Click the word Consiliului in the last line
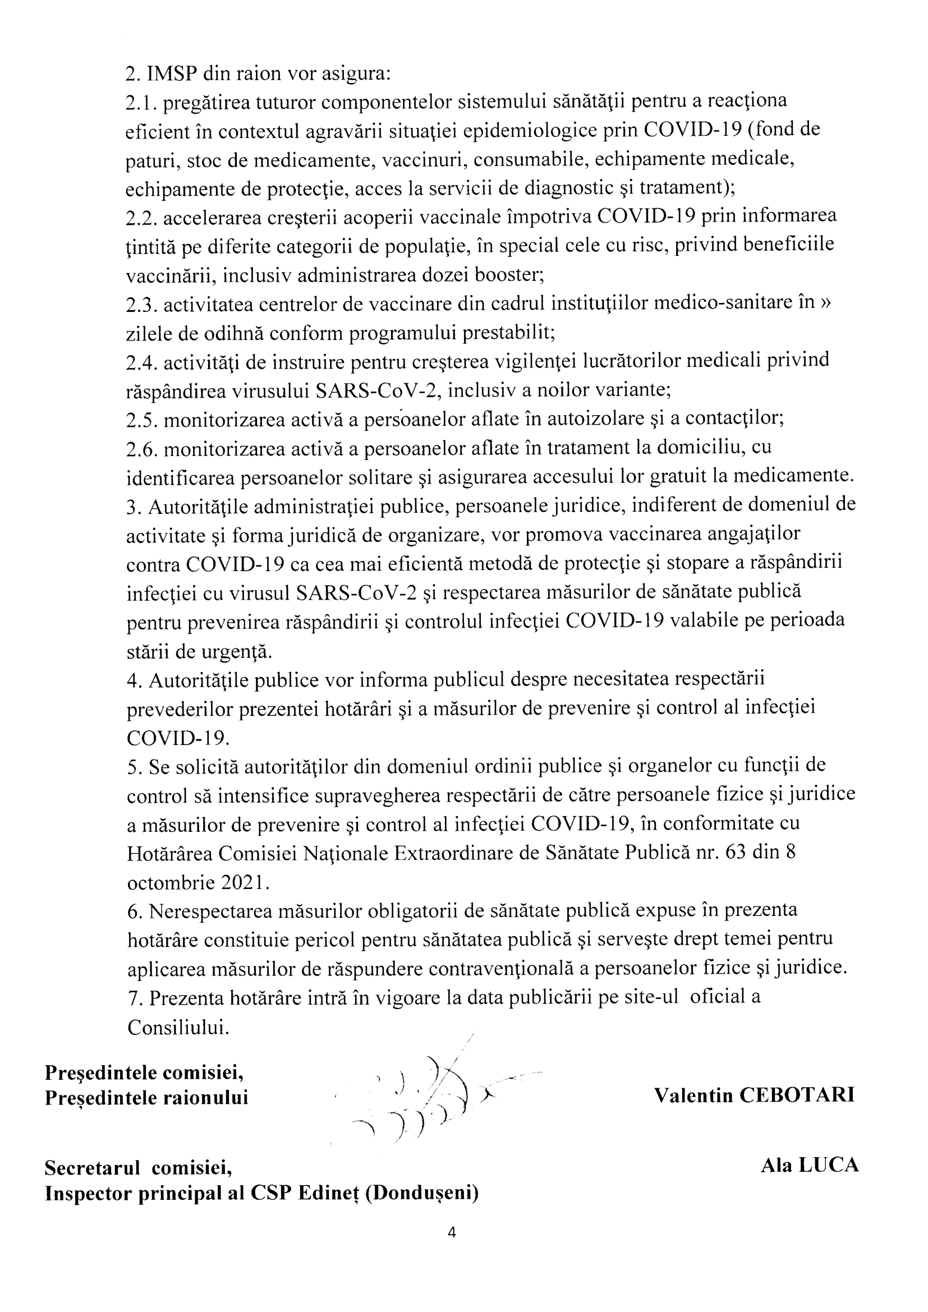(x=178, y=1028)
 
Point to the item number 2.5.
(x=141, y=420)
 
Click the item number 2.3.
(x=141, y=305)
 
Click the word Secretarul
(x=93, y=1167)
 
